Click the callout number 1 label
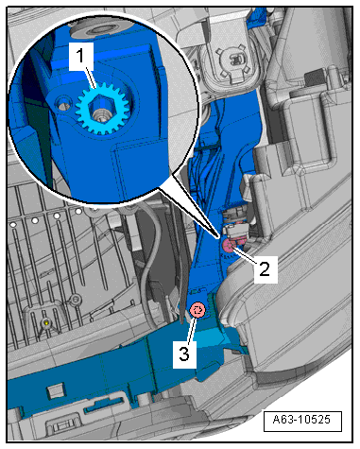pyautogui.click(x=81, y=57)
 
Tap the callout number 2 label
pyautogui.click(x=266, y=269)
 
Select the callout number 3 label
pyautogui.click(x=184, y=354)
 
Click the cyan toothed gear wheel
pyautogui.click(x=103, y=110)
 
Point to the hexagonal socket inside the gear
pyautogui.click(x=100, y=109)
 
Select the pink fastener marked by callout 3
pyautogui.click(x=197, y=310)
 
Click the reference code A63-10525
pyautogui.click(x=301, y=420)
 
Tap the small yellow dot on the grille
pyautogui.click(x=46, y=323)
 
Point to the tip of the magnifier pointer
pyautogui.click(x=217, y=237)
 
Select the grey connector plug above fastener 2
pyautogui.click(x=236, y=233)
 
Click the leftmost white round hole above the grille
pyautogui.click(x=13, y=225)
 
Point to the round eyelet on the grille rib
pyautogui.click(x=75, y=298)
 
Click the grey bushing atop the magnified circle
pyautogui.click(x=94, y=29)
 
